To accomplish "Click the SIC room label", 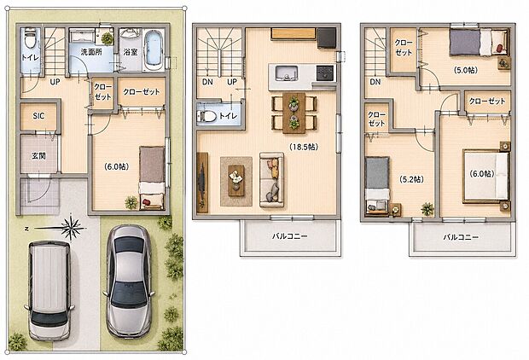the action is [x=38, y=116].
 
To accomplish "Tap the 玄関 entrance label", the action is [x=38, y=156].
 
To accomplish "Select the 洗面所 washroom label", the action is [x=91, y=52].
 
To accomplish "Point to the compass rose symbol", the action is [x=70, y=229].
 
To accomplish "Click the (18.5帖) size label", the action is [x=303, y=147].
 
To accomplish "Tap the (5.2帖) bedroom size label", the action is [x=411, y=179].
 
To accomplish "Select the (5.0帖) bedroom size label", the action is [x=466, y=70].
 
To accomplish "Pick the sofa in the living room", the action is [x=271, y=179].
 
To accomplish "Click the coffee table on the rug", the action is [x=236, y=181].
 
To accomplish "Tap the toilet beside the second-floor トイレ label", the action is [x=206, y=116].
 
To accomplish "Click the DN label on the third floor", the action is [x=375, y=82].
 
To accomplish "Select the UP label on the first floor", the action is [x=55, y=82].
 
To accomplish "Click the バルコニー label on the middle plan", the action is [x=290, y=236].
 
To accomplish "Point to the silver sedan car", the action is [x=129, y=281].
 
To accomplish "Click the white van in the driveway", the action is [x=49, y=291].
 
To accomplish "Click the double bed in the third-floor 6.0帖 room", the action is [x=486, y=176].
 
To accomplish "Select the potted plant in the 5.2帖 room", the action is [x=427, y=209].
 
